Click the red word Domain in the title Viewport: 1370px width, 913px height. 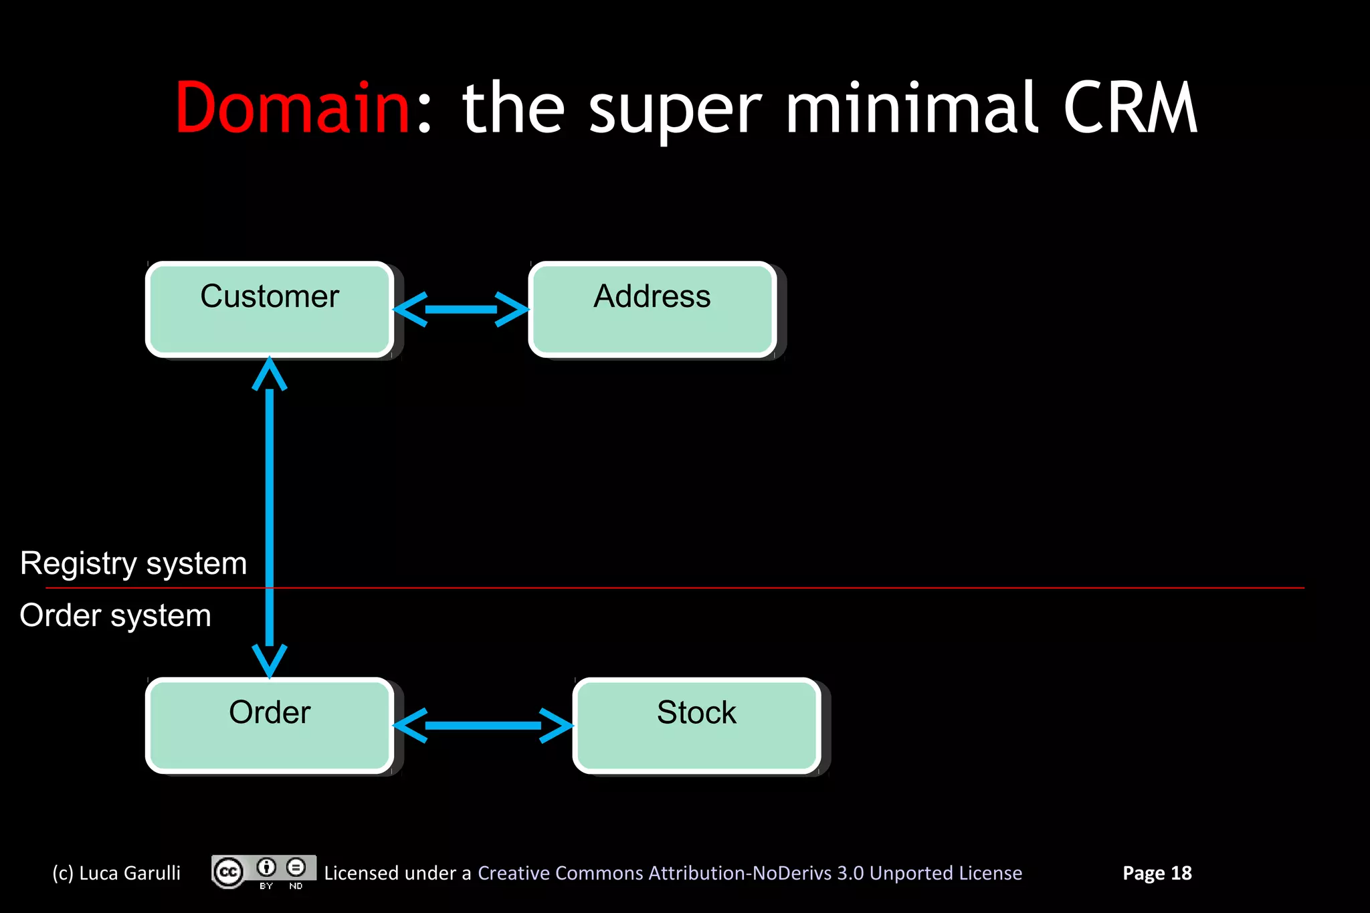[x=292, y=108]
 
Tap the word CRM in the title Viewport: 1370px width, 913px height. [x=1130, y=108]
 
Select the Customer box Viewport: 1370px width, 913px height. [x=270, y=310]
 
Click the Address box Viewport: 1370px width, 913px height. [x=652, y=310]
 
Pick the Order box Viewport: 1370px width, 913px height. [x=270, y=726]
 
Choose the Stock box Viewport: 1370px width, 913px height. [x=696, y=726]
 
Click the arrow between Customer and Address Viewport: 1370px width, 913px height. [x=462, y=310]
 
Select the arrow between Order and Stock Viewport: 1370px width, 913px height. [x=483, y=726]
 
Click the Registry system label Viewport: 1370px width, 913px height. [x=134, y=563]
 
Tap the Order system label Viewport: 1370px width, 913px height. [x=116, y=615]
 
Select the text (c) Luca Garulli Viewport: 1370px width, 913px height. [x=116, y=873]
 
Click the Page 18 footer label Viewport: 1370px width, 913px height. [x=1157, y=873]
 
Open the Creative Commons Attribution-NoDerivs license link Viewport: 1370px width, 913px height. [x=749, y=873]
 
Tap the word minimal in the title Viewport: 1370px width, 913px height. [x=912, y=108]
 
